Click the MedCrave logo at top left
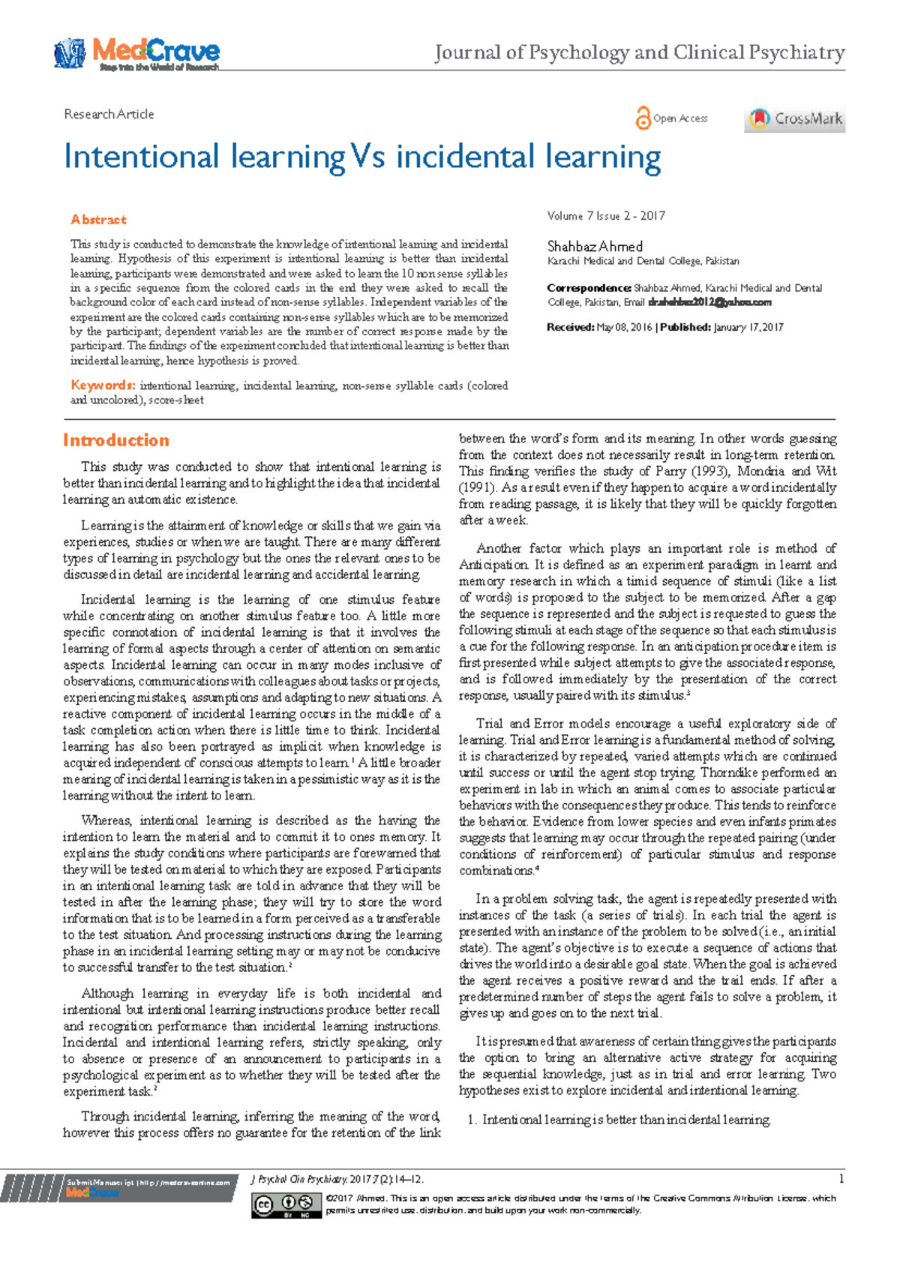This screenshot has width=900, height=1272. (136, 53)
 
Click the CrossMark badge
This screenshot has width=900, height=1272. (794, 118)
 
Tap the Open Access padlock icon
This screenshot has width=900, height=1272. (643, 118)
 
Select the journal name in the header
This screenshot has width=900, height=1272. (640, 52)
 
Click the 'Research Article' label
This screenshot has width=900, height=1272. (109, 114)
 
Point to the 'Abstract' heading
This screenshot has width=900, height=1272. (98, 220)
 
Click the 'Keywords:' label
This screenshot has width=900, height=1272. (103, 385)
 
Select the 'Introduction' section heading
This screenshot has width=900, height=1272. (116, 440)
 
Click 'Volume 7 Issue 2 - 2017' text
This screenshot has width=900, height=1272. (606, 216)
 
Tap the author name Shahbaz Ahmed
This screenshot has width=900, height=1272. (595, 246)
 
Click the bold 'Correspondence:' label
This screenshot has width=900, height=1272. (589, 288)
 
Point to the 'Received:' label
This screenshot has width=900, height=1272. (570, 327)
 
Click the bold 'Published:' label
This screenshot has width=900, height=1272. (685, 327)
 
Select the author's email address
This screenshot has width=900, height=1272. (709, 302)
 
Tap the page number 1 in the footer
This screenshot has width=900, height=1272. (841, 1179)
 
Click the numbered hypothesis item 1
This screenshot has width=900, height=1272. (619, 1120)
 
